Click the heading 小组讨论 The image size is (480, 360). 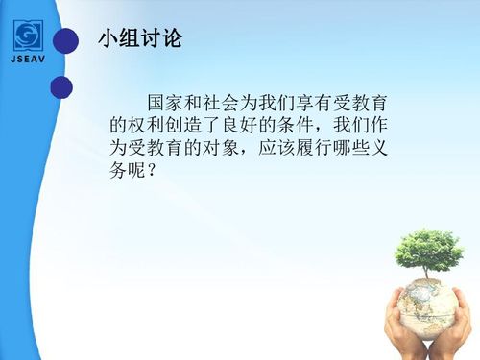pyautogui.click(x=140, y=40)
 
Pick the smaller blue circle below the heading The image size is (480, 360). pyautogui.click(x=61, y=87)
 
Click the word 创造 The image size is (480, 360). pyautogui.click(x=184, y=125)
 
